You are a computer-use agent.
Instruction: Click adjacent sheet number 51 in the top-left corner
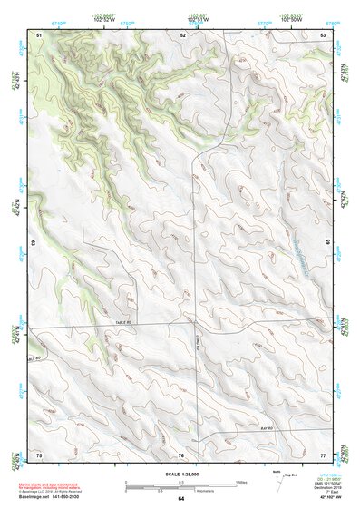pos(39,34)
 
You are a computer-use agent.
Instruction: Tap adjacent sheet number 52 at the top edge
pos(182,34)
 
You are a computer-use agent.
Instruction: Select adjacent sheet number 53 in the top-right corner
pos(323,34)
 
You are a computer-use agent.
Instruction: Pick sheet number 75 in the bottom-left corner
pos(39,453)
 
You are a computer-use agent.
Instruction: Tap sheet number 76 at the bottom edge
pos(181,454)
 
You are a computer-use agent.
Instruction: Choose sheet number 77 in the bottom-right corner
pos(323,453)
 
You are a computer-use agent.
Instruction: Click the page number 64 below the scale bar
pos(181,499)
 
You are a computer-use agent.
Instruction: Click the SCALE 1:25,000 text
pos(181,474)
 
